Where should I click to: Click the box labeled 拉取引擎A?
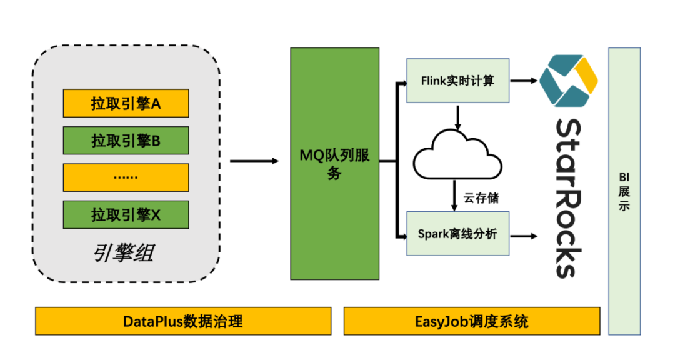coord(126,103)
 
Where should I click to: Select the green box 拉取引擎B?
coord(126,141)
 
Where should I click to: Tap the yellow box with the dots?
coord(126,177)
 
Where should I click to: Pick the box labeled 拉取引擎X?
coord(126,214)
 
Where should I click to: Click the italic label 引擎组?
coord(124,253)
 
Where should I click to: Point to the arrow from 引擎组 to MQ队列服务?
coord(254,161)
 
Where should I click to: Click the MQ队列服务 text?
coord(334,164)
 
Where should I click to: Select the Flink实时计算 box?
coord(457,81)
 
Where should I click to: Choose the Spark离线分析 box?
coord(457,234)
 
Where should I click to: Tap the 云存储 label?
coord(481,198)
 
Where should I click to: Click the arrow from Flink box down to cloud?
coord(457,117)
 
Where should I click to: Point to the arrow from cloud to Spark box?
coord(454,195)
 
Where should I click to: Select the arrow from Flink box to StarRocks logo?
coord(524,81)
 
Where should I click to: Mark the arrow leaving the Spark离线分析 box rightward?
coord(524,236)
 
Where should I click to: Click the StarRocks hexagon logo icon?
coord(568,81)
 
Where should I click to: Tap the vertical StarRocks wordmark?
coord(569,199)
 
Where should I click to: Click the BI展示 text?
coord(624,191)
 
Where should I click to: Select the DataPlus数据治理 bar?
coord(183,321)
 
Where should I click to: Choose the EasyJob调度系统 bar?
coord(472,321)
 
